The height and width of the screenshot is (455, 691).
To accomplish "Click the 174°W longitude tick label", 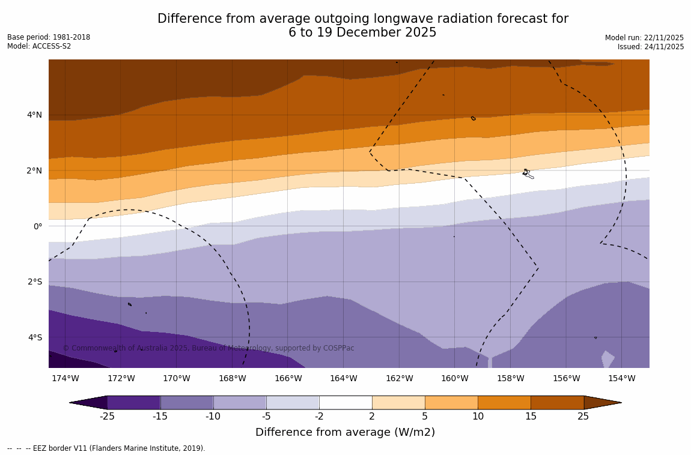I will [x=65, y=378].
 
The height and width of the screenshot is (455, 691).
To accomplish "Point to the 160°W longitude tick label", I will [x=454, y=378].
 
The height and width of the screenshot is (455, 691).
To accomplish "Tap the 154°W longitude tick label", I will [x=621, y=378].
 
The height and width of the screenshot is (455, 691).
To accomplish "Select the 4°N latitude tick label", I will [x=34, y=115].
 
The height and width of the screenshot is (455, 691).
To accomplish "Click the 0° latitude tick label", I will [x=38, y=226].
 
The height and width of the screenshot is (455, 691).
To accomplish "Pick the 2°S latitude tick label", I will [x=34, y=282].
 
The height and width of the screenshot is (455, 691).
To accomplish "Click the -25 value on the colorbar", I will [x=107, y=417].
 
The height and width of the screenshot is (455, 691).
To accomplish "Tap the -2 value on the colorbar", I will [x=319, y=417].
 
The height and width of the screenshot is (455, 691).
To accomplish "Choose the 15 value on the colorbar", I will [x=531, y=417].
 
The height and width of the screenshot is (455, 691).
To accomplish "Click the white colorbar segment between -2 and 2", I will [x=345, y=402].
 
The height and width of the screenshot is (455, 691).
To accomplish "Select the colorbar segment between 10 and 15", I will [x=504, y=402].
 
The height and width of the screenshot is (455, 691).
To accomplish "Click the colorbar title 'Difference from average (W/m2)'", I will [x=345, y=432].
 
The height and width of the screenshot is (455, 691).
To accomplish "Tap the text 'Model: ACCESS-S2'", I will [x=39, y=46].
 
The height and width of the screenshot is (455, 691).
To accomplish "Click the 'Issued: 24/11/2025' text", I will [x=651, y=47].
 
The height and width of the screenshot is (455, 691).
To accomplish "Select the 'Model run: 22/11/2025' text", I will [x=644, y=38].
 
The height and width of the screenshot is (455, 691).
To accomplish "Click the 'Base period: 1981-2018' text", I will [x=49, y=37].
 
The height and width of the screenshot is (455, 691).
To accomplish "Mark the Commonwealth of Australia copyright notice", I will [x=209, y=348].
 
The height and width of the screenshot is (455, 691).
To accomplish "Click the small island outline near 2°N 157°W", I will [x=527, y=173].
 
